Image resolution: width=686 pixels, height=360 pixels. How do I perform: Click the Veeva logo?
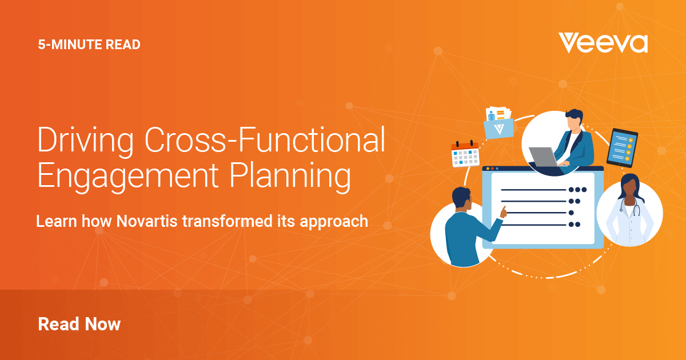pyautogui.click(x=603, y=43)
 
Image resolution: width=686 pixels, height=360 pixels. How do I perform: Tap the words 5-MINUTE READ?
pyautogui.click(x=89, y=45)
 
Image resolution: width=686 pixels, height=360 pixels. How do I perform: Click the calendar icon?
pyautogui.click(x=465, y=154)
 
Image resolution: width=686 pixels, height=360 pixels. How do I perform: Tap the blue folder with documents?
pyautogui.click(x=498, y=123)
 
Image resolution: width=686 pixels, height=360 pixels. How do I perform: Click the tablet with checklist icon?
pyautogui.click(x=622, y=147)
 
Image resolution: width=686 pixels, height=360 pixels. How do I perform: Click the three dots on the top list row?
pyautogui.click(x=577, y=190)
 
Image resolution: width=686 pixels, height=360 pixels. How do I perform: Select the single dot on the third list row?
pyautogui.click(x=571, y=213)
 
